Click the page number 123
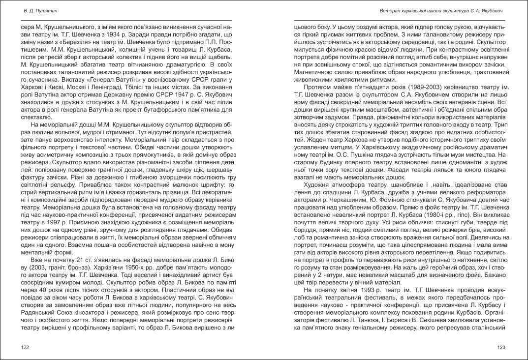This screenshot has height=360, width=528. [501, 347]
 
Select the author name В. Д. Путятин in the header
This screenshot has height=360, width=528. [39, 10]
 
